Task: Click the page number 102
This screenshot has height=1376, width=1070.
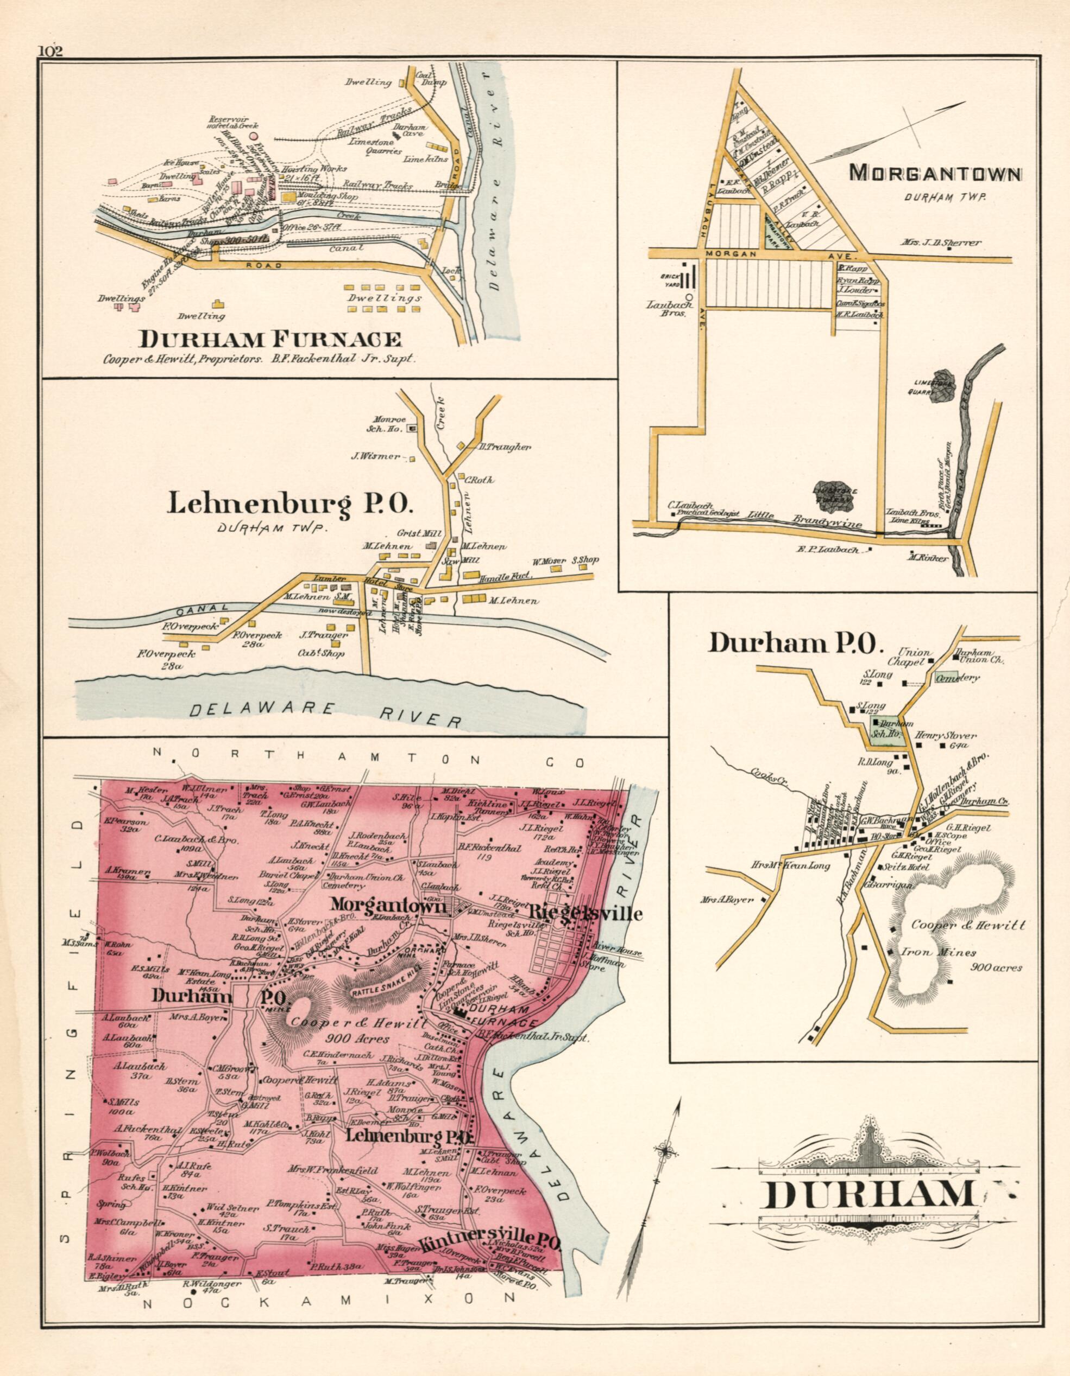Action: [x=51, y=51]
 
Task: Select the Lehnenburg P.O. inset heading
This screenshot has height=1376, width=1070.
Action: [x=290, y=504]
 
